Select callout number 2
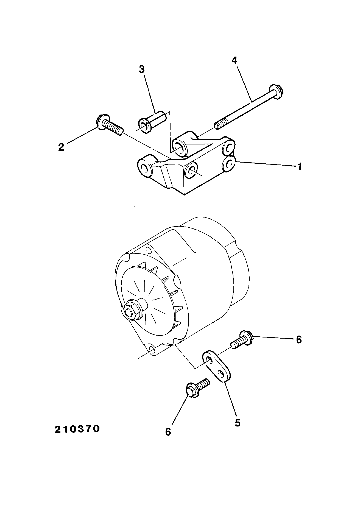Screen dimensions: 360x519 tap(61, 147)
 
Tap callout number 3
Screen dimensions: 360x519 tap(141, 70)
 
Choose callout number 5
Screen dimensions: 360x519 tap(238, 423)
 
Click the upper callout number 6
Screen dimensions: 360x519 tap(299, 339)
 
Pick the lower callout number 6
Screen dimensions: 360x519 tap(168, 432)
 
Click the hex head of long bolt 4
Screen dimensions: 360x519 tap(276, 91)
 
